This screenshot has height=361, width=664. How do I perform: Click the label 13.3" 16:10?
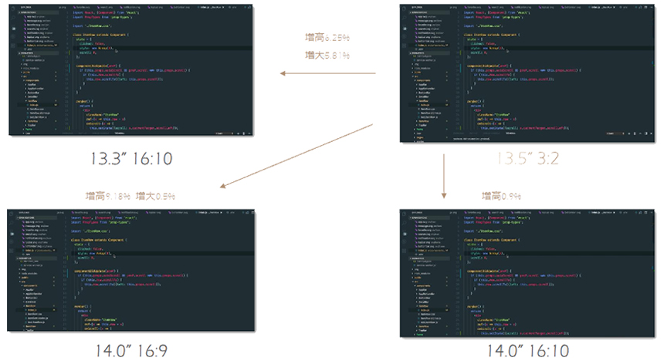131,159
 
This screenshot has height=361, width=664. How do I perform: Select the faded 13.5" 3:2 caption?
527,159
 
